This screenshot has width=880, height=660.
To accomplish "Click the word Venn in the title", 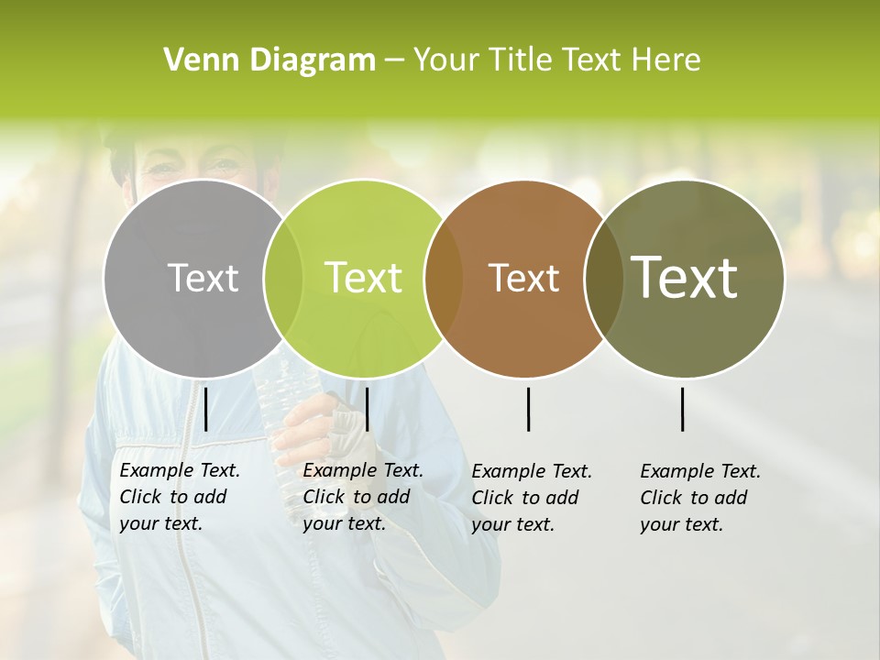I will [196, 60].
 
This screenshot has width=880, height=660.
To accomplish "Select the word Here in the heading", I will [668, 60].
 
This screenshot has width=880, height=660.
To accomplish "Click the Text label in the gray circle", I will [203, 278].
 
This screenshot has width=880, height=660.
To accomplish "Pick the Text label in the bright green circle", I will [364, 278].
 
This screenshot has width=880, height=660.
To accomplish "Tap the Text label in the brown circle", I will [523, 278].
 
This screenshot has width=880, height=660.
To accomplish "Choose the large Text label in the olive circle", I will [685, 278].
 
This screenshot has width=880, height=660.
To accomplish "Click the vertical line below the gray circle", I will [205, 409].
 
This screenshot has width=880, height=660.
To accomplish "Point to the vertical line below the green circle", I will [367, 409].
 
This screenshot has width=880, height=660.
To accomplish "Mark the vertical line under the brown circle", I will [528, 409].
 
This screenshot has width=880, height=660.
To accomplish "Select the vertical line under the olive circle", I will [682, 409].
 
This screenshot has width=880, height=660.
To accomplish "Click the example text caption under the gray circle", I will [179, 497].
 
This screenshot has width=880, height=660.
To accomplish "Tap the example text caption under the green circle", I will [362, 497].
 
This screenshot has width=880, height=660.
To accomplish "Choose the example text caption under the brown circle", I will [531, 498].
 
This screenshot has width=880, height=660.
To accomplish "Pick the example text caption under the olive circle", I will [699, 498].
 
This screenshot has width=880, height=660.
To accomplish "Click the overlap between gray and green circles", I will [283, 278].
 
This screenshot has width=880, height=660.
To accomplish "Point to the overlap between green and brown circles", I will [443, 278].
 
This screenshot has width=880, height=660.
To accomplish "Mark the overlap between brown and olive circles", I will [604, 278].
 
